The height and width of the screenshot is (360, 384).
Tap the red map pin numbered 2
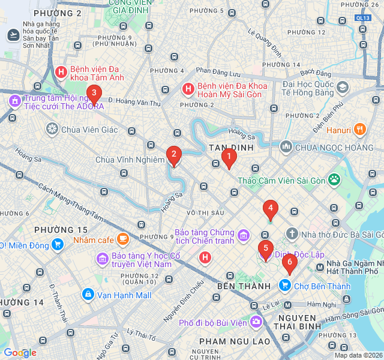point(174,156)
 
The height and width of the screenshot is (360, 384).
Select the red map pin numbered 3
point(93,93)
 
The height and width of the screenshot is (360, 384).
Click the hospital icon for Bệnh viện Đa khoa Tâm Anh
point(61,73)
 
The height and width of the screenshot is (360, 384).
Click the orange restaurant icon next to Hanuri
point(360,129)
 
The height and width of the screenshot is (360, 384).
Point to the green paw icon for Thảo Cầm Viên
point(334,179)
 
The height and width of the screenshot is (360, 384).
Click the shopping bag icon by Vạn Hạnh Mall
point(88,295)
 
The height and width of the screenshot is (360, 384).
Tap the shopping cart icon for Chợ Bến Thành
point(286,286)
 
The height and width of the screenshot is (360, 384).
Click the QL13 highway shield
point(362,18)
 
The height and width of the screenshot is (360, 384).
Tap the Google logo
point(20,353)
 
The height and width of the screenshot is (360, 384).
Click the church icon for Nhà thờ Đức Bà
point(292,234)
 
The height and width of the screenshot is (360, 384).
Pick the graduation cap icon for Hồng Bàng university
point(343,88)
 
